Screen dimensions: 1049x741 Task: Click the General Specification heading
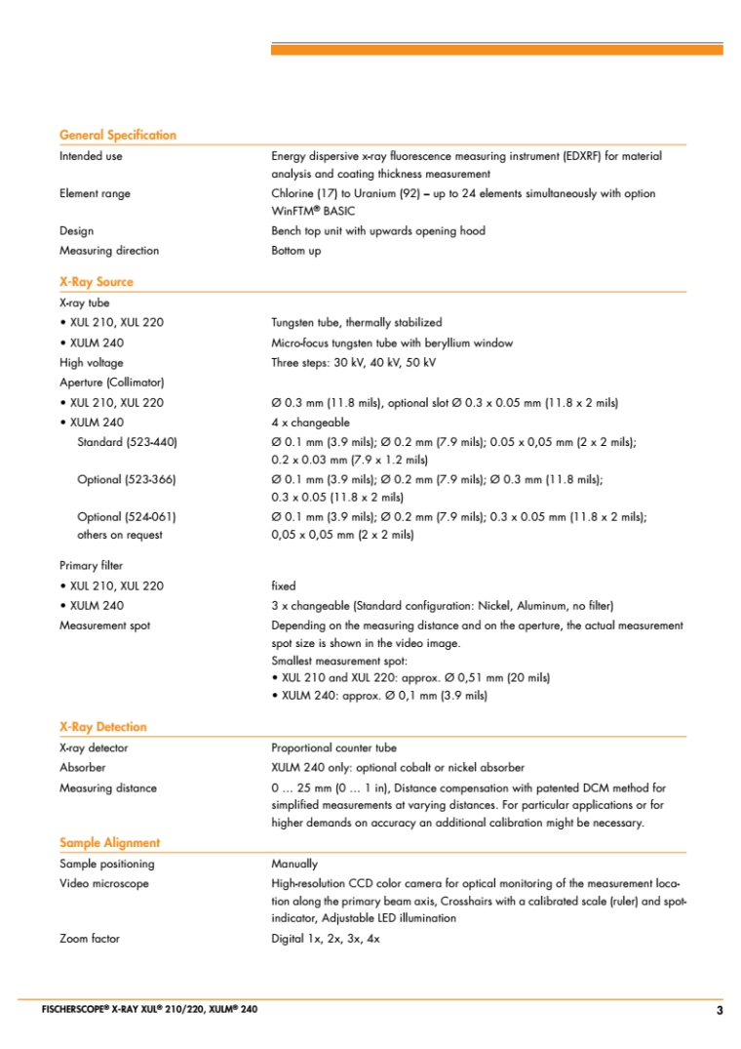[x=118, y=135]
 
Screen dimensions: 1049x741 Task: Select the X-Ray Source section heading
[x=97, y=281]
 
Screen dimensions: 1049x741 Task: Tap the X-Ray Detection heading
[x=103, y=726]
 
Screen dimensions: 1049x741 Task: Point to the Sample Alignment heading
[x=110, y=842]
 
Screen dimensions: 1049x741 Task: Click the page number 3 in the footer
[x=720, y=1011]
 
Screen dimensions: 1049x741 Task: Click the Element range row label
[x=95, y=193]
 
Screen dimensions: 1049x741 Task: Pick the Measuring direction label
[x=109, y=251]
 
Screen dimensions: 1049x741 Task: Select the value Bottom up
[x=295, y=251]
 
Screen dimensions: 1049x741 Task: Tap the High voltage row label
[x=92, y=362]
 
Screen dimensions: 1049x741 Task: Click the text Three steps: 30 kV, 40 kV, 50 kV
[x=353, y=362]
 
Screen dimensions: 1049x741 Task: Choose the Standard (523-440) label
[x=127, y=442]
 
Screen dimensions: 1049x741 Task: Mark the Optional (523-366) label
[x=127, y=479]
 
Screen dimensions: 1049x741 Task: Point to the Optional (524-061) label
[x=127, y=517]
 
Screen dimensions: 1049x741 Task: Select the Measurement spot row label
[x=105, y=625]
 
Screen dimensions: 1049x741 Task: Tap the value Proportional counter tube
[x=333, y=747]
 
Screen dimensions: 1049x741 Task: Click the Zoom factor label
[x=90, y=939]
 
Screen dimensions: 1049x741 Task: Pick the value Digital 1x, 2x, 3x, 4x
[x=325, y=939]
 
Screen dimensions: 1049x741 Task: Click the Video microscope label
[x=104, y=883]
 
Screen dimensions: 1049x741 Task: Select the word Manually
[x=294, y=864]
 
